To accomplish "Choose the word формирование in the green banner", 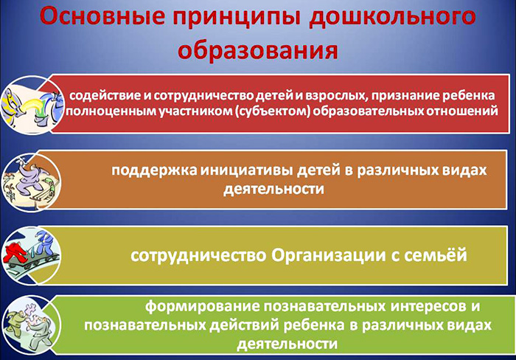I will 198,305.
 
